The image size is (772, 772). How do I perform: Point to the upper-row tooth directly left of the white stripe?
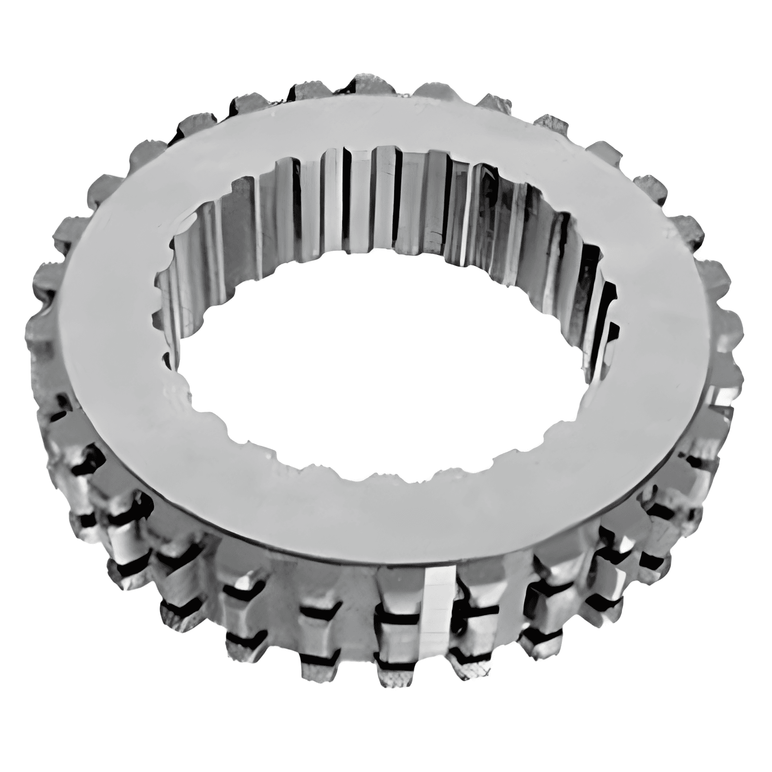(397, 593)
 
